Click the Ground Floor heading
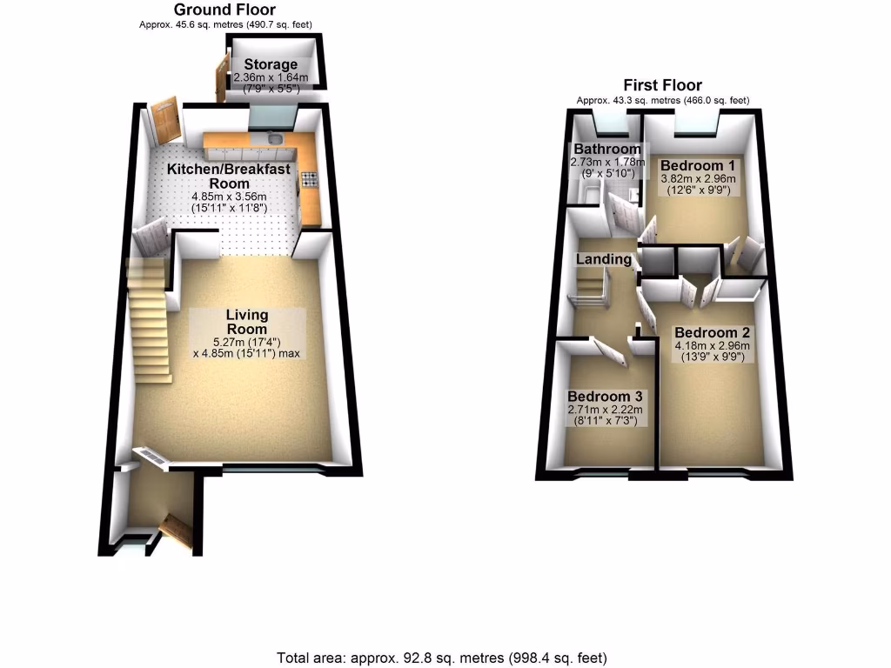pyautogui.click(x=225, y=10)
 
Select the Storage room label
pyautogui.click(x=271, y=64)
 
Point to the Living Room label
pyautogui.click(x=247, y=322)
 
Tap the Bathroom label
pyautogui.click(x=606, y=150)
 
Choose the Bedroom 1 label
pyautogui.click(x=698, y=165)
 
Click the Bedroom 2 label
pyautogui.click(x=712, y=333)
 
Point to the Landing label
pyautogui.click(x=603, y=259)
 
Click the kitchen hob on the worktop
pyautogui.click(x=310, y=180)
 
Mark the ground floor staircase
pyautogui.click(x=149, y=317)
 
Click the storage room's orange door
pyautogui.click(x=220, y=78)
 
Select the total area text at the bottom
pyautogui.click(x=442, y=658)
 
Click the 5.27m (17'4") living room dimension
pyautogui.click(x=247, y=341)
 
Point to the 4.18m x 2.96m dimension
pyautogui.click(x=712, y=346)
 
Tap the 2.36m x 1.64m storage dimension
pyautogui.click(x=271, y=77)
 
